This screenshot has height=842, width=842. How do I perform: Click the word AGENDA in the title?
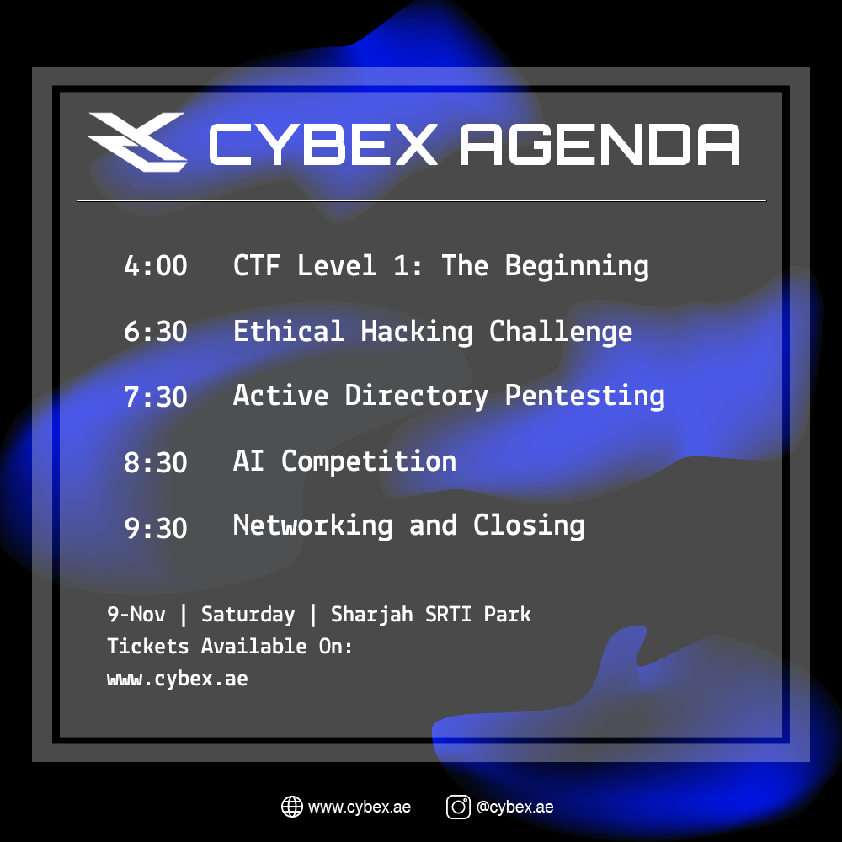(x=600, y=145)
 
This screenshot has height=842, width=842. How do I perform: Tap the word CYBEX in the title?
(x=322, y=145)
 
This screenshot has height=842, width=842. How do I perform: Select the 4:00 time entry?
(x=156, y=266)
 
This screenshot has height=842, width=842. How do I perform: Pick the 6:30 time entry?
(x=156, y=331)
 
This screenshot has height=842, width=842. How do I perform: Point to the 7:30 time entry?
(x=156, y=397)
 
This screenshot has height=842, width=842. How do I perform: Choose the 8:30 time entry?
(x=156, y=462)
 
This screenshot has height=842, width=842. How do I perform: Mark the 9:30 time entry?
(x=156, y=528)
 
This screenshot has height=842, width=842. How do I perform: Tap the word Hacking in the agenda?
(x=417, y=333)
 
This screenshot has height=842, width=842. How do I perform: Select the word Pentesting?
(x=585, y=397)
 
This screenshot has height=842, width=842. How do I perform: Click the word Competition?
(x=369, y=462)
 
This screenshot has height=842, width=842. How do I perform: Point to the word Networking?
(x=313, y=525)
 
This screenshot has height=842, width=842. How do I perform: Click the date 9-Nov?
(x=136, y=615)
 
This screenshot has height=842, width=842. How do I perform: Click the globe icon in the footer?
(x=292, y=807)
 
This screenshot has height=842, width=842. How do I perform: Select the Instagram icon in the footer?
(x=458, y=807)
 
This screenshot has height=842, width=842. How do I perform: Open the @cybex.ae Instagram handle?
(x=515, y=807)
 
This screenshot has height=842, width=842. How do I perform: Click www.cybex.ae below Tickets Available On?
(x=178, y=679)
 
